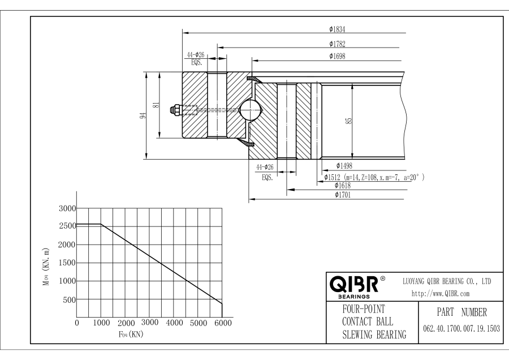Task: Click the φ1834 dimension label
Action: pyautogui.click(x=337, y=29)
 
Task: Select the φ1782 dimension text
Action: pyautogui.click(x=337, y=43)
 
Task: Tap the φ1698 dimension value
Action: pyautogui.click(x=337, y=55)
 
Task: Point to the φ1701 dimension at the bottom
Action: pyautogui.click(x=344, y=194)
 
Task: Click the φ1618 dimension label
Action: pyautogui.click(x=344, y=185)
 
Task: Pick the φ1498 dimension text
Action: pyautogui.click(x=345, y=165)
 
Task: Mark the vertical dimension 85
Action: pyautogui.click(x=349, y=120)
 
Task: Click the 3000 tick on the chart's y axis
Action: pyautogui.click(x=67, y=208)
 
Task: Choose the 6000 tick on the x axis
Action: pyautogui.click(x=222, y=323)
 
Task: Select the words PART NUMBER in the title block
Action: pyautogui.click(x=459, y=312)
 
